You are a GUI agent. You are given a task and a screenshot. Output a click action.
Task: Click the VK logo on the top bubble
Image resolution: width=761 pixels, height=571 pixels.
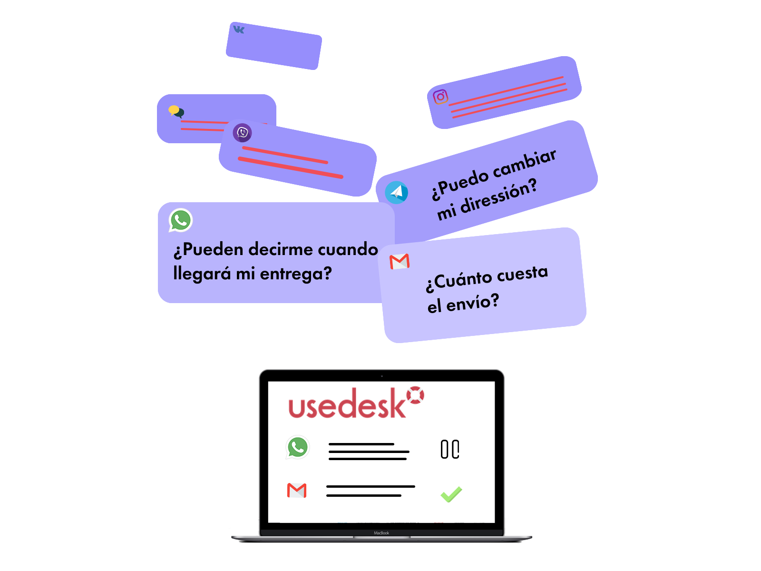239,30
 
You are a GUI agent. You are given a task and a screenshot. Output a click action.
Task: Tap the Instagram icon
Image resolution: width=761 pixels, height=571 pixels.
440,97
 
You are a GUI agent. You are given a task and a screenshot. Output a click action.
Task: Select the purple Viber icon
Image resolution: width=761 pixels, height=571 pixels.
243,132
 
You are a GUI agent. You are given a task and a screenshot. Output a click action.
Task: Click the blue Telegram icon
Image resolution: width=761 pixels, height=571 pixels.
396,192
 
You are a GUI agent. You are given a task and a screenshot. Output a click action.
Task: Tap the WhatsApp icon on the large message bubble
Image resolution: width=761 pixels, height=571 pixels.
181,220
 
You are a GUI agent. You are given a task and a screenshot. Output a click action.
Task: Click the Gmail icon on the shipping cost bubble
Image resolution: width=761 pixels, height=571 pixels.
400,261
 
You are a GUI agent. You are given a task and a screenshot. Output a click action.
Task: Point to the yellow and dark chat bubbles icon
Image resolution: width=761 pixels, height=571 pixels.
176,111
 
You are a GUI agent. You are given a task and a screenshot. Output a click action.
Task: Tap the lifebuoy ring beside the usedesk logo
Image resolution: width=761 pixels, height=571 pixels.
415,395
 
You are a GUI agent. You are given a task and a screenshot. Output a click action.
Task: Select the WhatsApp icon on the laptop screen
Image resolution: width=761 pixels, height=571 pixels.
298,447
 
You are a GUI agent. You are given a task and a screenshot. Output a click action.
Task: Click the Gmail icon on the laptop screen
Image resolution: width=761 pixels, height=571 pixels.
297,490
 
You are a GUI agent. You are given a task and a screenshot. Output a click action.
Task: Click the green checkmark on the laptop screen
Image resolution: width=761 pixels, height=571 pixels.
451,494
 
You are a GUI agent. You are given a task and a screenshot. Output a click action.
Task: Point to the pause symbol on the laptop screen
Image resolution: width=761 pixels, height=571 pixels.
450,449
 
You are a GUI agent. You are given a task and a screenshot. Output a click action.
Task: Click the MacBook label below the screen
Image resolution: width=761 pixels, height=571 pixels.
381,533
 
